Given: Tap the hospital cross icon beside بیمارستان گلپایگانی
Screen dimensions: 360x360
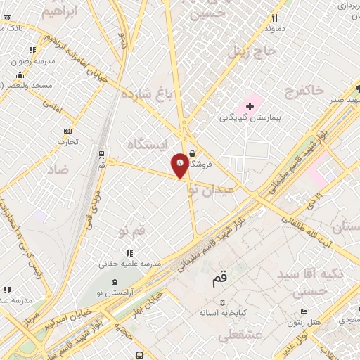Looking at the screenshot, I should click(250, 105).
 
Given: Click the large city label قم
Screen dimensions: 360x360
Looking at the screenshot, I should click(220, 280).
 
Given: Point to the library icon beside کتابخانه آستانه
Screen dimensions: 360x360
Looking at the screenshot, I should click(223, 302).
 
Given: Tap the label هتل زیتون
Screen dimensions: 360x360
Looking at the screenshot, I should click(304, 323).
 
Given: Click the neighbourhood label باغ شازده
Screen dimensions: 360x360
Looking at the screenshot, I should click(146, 94).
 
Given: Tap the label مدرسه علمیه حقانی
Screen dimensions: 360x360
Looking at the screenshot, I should click(129, 263).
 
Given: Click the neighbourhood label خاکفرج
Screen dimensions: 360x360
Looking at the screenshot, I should click(305, 89).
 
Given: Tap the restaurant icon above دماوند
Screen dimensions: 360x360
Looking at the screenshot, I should click(274, 18).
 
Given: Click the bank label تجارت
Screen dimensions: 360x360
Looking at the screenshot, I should click(67, 141).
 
